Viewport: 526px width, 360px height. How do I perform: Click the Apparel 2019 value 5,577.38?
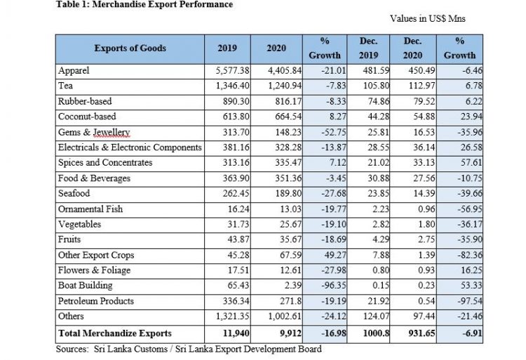(x=232, y=71)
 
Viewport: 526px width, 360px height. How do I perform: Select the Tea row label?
(x=65, y=86)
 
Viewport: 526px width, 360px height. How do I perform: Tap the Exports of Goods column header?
(x=130, y=48)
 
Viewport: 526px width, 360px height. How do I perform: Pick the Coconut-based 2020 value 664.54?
(x=288, y=116)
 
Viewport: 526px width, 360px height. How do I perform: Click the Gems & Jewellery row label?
(x=94, y=132)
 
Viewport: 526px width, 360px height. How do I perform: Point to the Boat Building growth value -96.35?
(x=333, y=286)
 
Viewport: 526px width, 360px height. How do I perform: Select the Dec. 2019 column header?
(x=368, y=48)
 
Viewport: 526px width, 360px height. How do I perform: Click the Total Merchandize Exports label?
(x=115, y=333)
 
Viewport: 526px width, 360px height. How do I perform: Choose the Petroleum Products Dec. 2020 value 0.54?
(x=426, y=301)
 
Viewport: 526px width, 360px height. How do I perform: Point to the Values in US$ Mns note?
(x=428, y=18)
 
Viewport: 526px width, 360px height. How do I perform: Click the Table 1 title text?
(x=144, y=4)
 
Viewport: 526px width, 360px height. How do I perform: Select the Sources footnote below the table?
(x=189, y=349)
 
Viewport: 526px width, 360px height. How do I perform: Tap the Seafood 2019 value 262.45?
(x=236, y=194)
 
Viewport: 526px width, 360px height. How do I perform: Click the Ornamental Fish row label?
(x=90, y=209)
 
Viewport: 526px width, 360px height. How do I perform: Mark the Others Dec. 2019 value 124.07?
(x=376, y=316)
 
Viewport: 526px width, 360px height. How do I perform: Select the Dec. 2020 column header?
(x=412, y=48)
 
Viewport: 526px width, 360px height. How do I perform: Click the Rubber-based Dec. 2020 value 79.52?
(x=424, y=101)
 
